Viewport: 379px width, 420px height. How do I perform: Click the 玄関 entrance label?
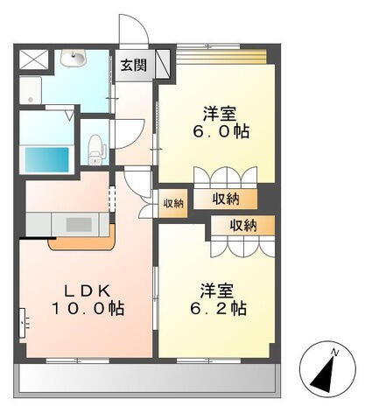133,65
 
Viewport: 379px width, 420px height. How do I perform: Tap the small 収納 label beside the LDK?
172,204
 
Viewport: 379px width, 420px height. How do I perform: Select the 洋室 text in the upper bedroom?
222,112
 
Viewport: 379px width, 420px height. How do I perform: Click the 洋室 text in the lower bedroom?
215,289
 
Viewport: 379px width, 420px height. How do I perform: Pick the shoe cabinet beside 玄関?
162,63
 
